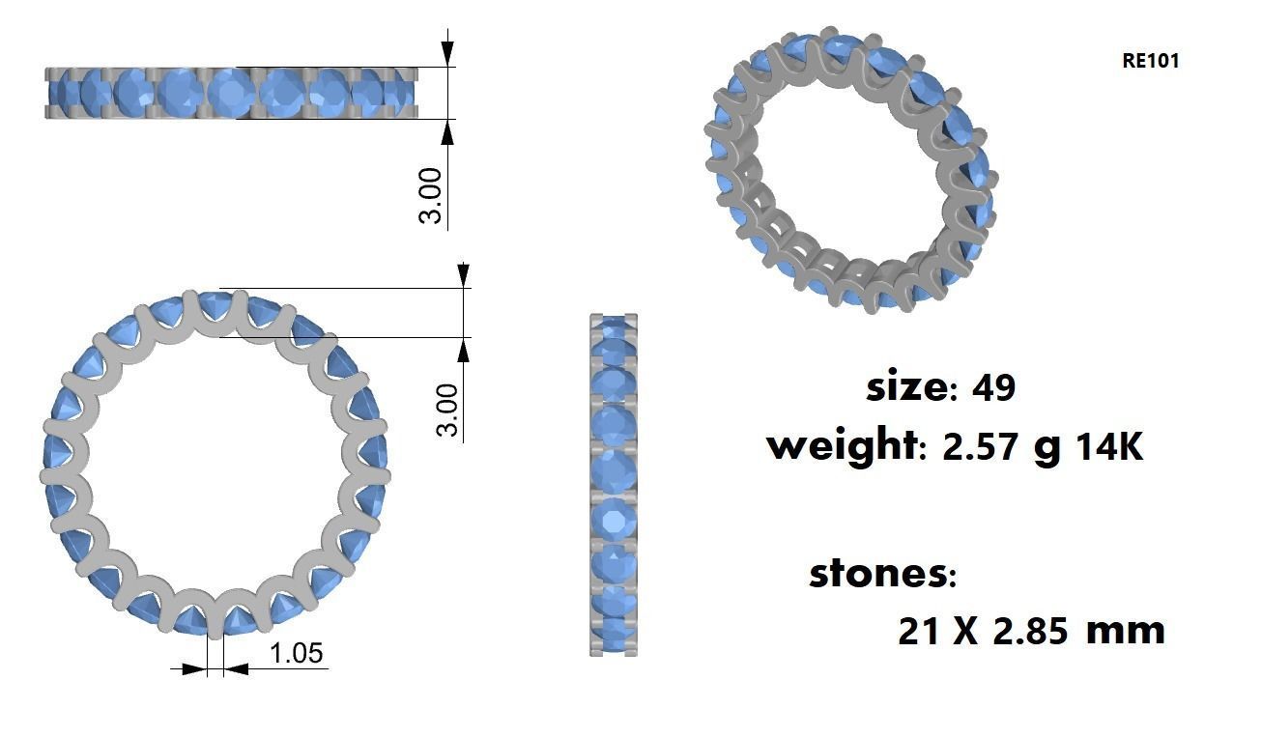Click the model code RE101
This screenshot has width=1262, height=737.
1150,61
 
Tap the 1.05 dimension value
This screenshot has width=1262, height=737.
296,654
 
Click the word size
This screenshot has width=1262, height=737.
906,387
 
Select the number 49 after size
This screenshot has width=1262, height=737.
993,388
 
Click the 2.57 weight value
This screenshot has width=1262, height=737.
981,447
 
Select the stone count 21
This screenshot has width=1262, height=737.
919,632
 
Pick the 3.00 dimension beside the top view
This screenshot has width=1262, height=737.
430,195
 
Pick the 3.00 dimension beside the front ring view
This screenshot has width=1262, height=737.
447,410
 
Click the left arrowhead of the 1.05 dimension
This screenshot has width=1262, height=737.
196,667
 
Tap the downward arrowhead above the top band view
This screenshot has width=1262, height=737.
447,54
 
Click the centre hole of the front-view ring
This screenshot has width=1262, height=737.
215,464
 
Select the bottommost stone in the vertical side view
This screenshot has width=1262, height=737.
613,638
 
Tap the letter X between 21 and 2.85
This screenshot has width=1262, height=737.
966,632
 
